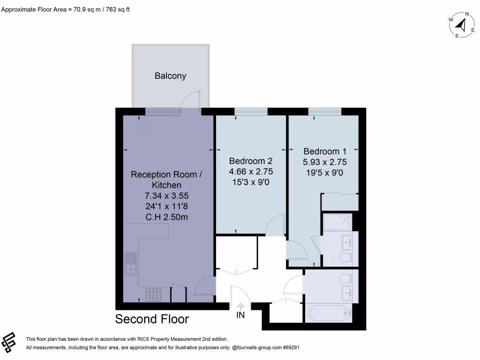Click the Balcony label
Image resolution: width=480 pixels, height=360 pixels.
tap(171, 76)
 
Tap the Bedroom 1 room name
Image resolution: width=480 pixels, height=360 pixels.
tap(325, 151)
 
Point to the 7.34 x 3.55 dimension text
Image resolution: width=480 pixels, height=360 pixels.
tap(167, 196)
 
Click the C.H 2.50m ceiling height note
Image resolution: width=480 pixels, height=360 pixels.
tap(167, 217)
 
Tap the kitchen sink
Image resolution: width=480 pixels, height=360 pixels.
tap(131, 263)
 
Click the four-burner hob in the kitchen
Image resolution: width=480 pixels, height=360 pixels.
tap(154, 295)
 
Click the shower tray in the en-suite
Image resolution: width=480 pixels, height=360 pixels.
tap(337, 222)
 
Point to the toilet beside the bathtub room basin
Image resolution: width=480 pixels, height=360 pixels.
tap(345, 278)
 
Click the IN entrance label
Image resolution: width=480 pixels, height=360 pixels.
tap(240, 315)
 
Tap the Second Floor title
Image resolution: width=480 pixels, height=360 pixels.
tap(152, 319)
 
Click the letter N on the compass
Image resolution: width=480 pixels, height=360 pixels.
tap(467, 14)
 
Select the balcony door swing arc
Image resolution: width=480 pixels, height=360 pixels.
tap(192, 100)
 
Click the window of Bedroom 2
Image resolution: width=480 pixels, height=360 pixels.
tap(251, 111)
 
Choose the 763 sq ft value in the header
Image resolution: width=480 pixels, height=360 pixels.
tap(114, 9)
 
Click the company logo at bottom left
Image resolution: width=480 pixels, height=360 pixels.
tap(9, 343)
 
